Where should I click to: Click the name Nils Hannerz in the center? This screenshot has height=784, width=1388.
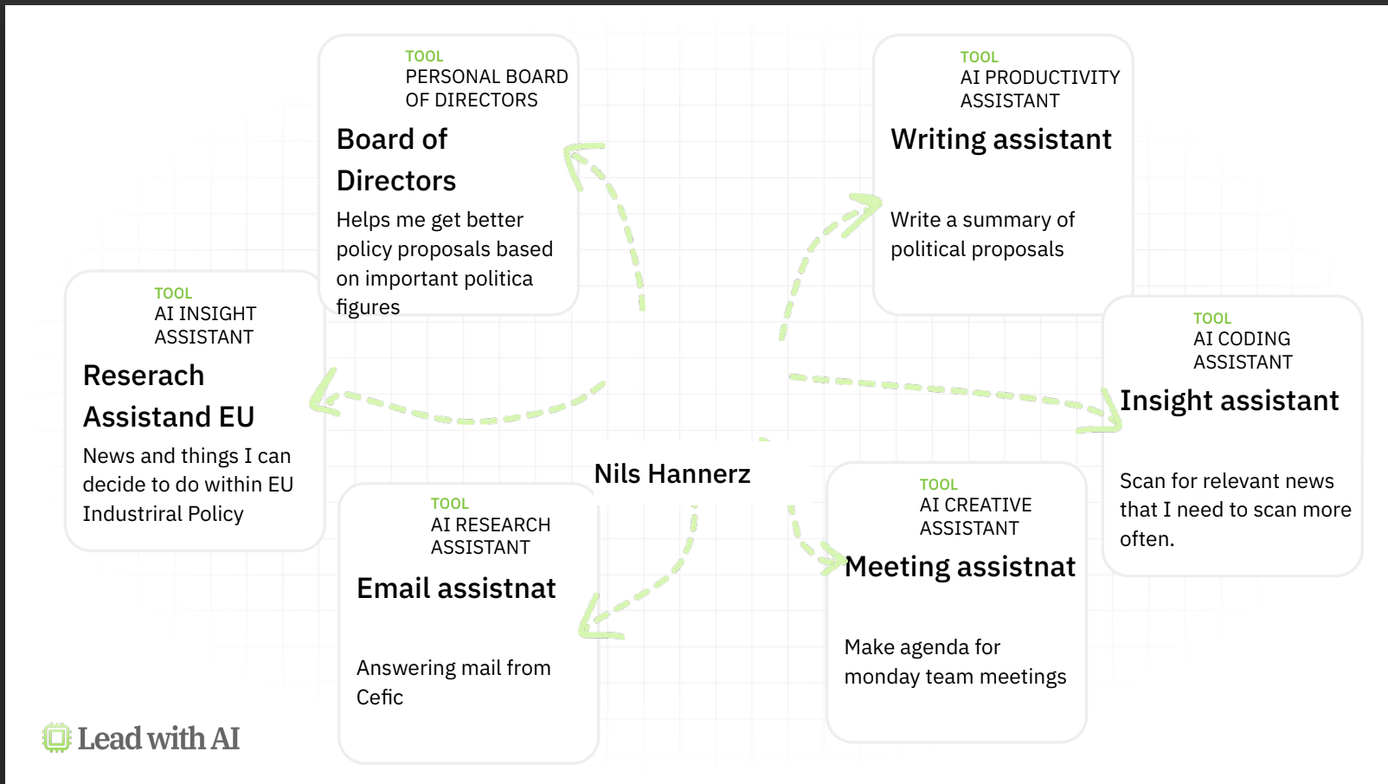[672, 474]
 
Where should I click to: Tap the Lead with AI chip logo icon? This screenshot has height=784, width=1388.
[56, 738]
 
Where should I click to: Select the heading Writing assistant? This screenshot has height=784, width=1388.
[1000, 139]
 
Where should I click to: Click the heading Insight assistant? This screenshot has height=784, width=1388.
[1229, 401]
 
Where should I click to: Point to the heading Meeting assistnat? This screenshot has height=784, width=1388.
[960, 567]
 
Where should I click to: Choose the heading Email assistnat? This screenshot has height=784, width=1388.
[456, 588]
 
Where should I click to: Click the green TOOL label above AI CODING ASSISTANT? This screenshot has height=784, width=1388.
[1211, 318]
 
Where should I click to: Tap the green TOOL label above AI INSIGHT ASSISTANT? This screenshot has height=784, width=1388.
[173, 293]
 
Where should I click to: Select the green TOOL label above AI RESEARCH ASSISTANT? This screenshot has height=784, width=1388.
[449, 504]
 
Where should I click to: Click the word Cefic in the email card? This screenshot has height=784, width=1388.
[380, 697]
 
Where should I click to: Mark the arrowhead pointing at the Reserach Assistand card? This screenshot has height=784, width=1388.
[325, 394]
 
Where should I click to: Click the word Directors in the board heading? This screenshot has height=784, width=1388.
[395, 181]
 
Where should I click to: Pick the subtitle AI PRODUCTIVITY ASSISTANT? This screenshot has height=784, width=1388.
[1039, 89]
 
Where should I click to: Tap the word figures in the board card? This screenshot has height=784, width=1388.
[368, 308]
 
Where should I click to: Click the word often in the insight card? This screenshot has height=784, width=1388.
[1145, 539]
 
